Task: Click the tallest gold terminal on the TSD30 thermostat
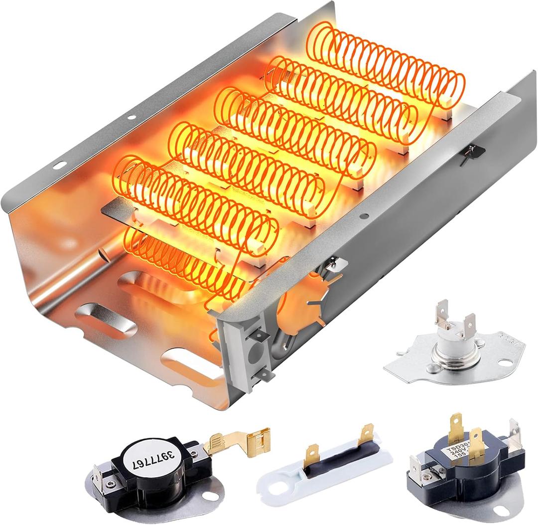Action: coord(456,426)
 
